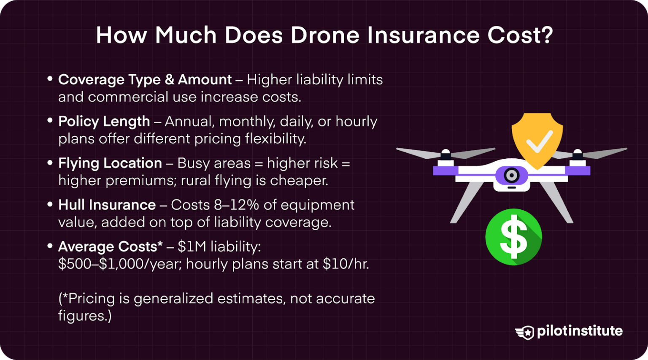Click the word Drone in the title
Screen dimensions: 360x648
324,35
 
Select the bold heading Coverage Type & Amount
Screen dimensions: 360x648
145,80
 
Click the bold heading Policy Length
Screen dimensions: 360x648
104,122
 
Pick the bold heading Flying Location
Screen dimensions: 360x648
110,163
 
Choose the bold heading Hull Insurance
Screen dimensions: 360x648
107,205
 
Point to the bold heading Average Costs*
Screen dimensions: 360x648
110,247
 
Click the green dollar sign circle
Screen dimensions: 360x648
513,237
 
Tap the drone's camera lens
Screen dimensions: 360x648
512,175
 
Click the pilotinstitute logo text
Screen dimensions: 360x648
579,331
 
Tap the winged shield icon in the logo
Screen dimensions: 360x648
524,333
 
